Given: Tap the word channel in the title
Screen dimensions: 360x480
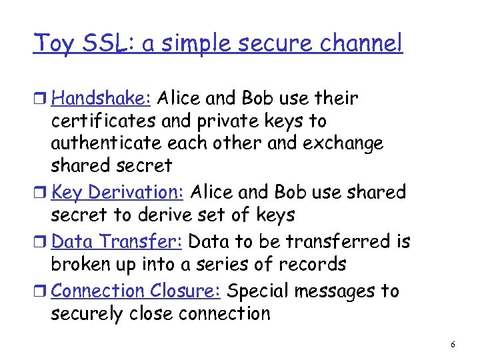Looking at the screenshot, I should click(365, 43).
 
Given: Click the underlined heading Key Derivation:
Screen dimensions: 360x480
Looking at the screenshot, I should click(117, 192).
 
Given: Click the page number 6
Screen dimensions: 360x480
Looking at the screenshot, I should click(453, 345).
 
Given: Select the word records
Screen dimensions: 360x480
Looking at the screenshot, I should click(311, 265).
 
